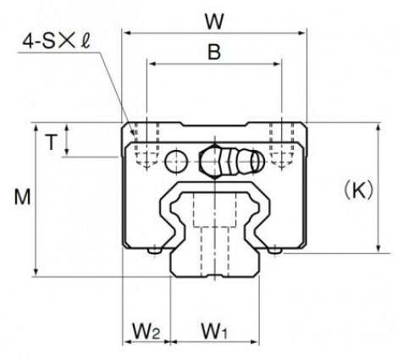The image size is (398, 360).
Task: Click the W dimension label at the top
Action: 214,21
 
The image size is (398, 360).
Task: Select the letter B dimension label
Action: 214,53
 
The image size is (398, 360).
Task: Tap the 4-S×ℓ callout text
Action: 56,42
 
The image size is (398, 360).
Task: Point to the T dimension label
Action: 51,142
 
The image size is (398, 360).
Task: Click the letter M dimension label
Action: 22,197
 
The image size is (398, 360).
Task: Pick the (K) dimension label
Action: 359,191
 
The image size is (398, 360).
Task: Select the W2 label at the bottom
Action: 146,331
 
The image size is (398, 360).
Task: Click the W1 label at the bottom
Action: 213,331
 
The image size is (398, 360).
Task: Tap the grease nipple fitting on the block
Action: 231,162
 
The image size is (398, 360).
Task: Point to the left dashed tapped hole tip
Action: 146,167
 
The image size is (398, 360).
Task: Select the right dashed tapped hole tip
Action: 281,167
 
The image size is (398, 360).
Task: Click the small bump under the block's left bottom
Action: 155,251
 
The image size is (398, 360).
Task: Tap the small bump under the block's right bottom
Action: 274,251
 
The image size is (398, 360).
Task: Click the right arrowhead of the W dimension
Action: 302,33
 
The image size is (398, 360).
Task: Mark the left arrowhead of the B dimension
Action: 152,64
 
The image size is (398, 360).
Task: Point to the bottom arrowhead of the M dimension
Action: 36,272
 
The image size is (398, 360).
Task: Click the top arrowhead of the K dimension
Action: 379,127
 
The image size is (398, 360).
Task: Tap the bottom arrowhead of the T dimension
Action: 67,152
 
